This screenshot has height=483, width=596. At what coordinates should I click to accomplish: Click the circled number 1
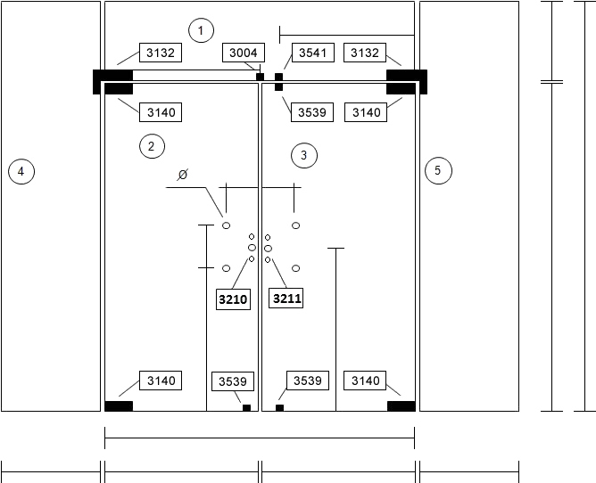pos(201,30)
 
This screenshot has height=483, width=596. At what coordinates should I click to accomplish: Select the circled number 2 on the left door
pos(152,146)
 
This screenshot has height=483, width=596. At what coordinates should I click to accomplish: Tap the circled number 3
pos(304,155)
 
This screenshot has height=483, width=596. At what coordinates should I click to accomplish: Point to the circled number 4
pos(21,172)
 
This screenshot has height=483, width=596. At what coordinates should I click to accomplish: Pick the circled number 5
pos(438,171)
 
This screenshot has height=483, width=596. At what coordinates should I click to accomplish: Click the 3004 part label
pos(244,53)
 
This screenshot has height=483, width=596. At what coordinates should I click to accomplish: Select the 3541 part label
pos(313,53)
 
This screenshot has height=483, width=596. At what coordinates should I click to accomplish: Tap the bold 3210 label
pos(233,299)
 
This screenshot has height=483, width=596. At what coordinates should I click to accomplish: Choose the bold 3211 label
pos(286,298)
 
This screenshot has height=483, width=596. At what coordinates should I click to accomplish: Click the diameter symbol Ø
pos(182,175)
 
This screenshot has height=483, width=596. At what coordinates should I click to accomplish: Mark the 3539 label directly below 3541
pos(312,112)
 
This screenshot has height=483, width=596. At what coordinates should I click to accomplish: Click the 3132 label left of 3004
pos(161,53)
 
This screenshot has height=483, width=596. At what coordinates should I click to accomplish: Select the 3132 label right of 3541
pos(365,53)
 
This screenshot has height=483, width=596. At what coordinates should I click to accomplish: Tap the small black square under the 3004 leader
pos(260,77)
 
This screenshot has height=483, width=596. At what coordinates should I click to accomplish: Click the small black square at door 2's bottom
pos(246,408)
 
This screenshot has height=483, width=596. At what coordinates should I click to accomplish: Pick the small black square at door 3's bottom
pos(280,408)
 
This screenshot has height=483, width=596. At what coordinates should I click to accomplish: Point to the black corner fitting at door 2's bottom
pos(119,406)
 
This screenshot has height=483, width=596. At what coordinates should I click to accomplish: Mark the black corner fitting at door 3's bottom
pos(401,406)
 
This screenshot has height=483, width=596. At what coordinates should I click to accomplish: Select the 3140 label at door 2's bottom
pos(161,381)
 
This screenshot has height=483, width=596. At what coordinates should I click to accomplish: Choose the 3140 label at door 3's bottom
pos(365,381)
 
